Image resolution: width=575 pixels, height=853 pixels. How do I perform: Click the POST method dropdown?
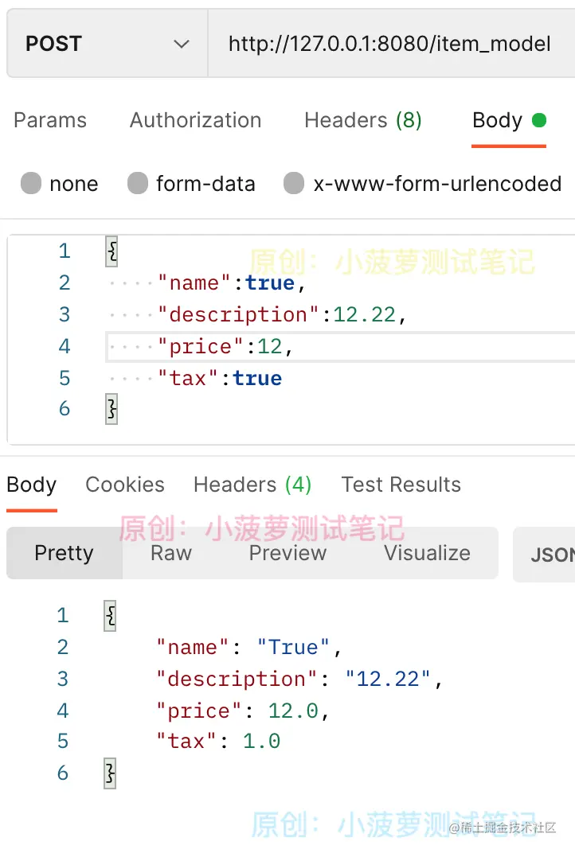[x=107, y=44]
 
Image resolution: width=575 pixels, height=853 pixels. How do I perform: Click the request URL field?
[x=389, y=44]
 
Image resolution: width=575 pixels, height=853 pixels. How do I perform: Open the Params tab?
[x=50, y=120]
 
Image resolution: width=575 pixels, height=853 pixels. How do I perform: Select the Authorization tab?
[x=195, y=120]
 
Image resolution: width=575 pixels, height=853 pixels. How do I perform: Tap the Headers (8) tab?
[x=362, y=120]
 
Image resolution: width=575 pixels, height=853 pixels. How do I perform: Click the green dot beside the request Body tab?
[x=539, y=120]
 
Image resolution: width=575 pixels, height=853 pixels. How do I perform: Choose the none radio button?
[x=31, y=184]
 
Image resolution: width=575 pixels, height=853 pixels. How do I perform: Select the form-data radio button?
[x=138, y=184]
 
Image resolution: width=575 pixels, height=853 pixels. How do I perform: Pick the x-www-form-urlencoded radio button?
[x=294, y=184]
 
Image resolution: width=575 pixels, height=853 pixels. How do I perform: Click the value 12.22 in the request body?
[x=364, y=314]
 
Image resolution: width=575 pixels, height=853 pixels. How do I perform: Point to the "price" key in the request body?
[x=199, y=346]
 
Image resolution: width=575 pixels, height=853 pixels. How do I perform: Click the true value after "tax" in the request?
[x=257, y=378]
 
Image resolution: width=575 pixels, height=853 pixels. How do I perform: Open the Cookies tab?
[x=125, y=485]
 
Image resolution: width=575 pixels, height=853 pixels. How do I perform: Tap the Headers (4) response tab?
[x=252, y=485]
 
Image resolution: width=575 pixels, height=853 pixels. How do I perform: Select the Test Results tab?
[x=401, y=485]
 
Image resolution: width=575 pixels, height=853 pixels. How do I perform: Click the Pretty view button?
[x=64, y=553]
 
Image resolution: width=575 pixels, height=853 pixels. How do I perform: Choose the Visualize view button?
[x=427, y=553]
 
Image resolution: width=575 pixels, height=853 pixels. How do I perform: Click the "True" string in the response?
[x=293, y=647]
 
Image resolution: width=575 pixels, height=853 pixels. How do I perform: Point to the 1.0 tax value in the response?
[x=261, y=742]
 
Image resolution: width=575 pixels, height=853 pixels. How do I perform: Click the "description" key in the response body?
[x=237, y=679]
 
